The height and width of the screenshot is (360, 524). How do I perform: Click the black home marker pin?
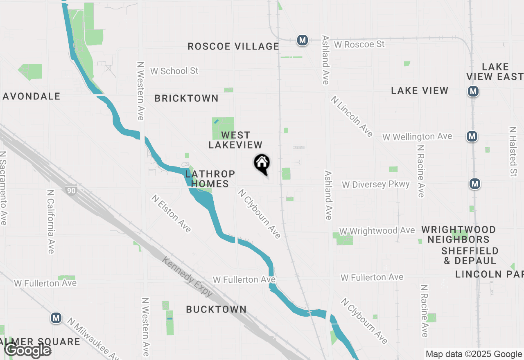[x=262, y=164]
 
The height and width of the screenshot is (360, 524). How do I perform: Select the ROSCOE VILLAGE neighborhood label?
[x=233, y=46]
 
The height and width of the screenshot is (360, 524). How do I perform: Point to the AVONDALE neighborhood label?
[x=32, y=96]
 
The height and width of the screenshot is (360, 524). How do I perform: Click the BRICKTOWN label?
[x=186, y=98]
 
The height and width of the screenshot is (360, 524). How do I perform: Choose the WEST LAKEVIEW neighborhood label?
[x=235, y=140]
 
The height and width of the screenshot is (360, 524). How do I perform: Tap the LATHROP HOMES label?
[x=210, y=179]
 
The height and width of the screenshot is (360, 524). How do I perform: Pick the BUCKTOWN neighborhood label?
[x=216, y=309]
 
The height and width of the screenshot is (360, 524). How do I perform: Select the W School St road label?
[x=174, y=71]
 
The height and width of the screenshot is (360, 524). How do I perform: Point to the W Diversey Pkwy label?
[x=376, y=184]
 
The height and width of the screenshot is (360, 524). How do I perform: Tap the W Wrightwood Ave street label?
[x=377, y=231]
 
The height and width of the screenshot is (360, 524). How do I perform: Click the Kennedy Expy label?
[x=187, y=277]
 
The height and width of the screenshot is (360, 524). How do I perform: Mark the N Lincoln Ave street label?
[x=352, y=116]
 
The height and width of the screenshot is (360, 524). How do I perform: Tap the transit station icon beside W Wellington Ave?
[x=472, y=136]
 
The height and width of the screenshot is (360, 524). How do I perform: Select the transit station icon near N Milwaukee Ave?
[x=56, y=318]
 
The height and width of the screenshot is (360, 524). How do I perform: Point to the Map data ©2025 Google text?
[x=474, y=354]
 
